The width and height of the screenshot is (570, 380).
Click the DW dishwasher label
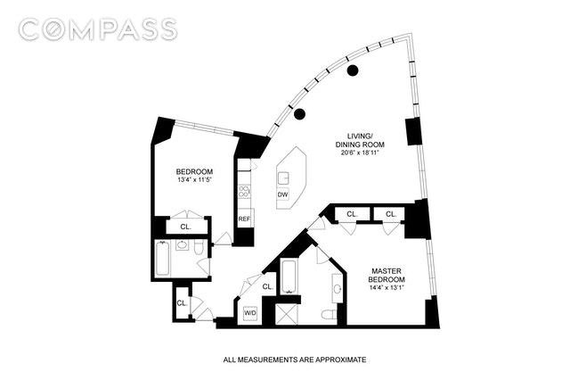pyautogui.click(x=282, y=194)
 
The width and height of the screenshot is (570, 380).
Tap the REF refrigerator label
pyautogui.click(x=243, y=219)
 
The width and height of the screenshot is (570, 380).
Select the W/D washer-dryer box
pyautogui.click(x=251, y=313)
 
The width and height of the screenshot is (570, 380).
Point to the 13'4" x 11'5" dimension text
pyautogui.click(x=193, y=182)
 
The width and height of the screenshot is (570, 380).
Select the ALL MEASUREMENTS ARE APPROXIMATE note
pyautogui.click(x=294, y=359)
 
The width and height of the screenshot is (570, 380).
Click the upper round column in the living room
pyautogui.click(x=353, y=70)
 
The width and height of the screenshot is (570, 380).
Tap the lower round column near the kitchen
pyautogui.click(x=300, y=113)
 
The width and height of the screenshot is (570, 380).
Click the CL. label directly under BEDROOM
pyautogui.click(x=185, y=227)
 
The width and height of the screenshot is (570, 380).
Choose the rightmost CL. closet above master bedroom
pyautogui.click(x=391, y=214)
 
